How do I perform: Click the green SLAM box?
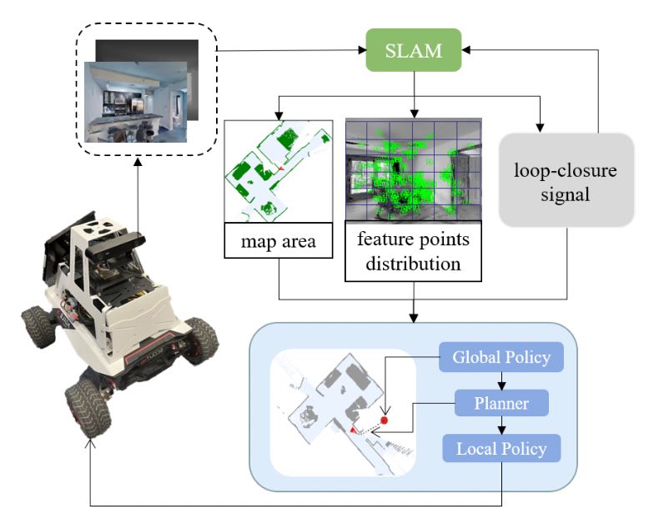point(415,51)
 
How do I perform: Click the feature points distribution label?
point(413,251)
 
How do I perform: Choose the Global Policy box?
point(501,358)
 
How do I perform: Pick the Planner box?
point(501,404)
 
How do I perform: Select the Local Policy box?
point(501,449)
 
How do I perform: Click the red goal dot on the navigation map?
point(385,420)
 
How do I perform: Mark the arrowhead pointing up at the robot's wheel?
point(89,441)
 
